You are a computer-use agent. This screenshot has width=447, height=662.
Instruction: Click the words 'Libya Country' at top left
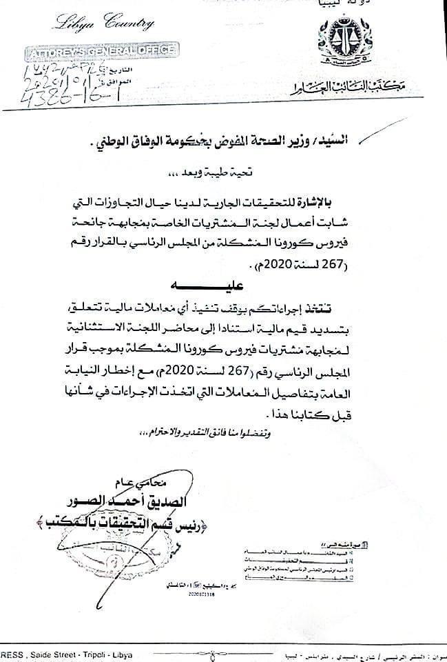(x=102, y=26)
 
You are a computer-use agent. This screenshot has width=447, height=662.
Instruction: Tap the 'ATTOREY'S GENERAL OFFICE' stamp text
(x=102, y=50)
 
